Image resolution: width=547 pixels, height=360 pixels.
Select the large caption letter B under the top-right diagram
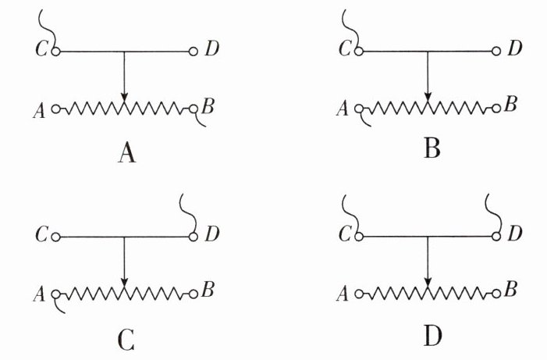coord(432,147)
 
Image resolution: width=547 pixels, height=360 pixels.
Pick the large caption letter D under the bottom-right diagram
coord(432,337)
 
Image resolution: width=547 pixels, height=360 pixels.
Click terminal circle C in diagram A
coord(55,52)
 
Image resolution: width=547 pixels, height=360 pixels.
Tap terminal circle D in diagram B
coord(496,52)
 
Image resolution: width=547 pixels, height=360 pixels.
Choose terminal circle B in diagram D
coord(496,294)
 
